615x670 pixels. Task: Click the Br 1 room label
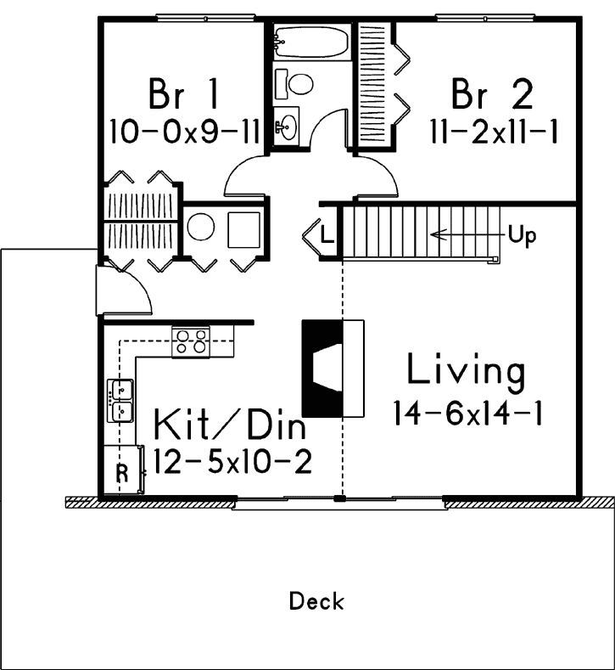[x=183, y=94]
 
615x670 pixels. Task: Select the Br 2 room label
[x=492, y=94]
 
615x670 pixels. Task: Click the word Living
[x=466, y=371]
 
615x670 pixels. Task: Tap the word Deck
[x=316, y=602]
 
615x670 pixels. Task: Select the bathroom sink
[x=286, y=126]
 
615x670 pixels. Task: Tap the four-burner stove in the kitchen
[x=190, y=341]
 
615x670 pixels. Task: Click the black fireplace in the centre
[x=322, y=367]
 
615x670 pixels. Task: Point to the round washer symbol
[x=201, y=227]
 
